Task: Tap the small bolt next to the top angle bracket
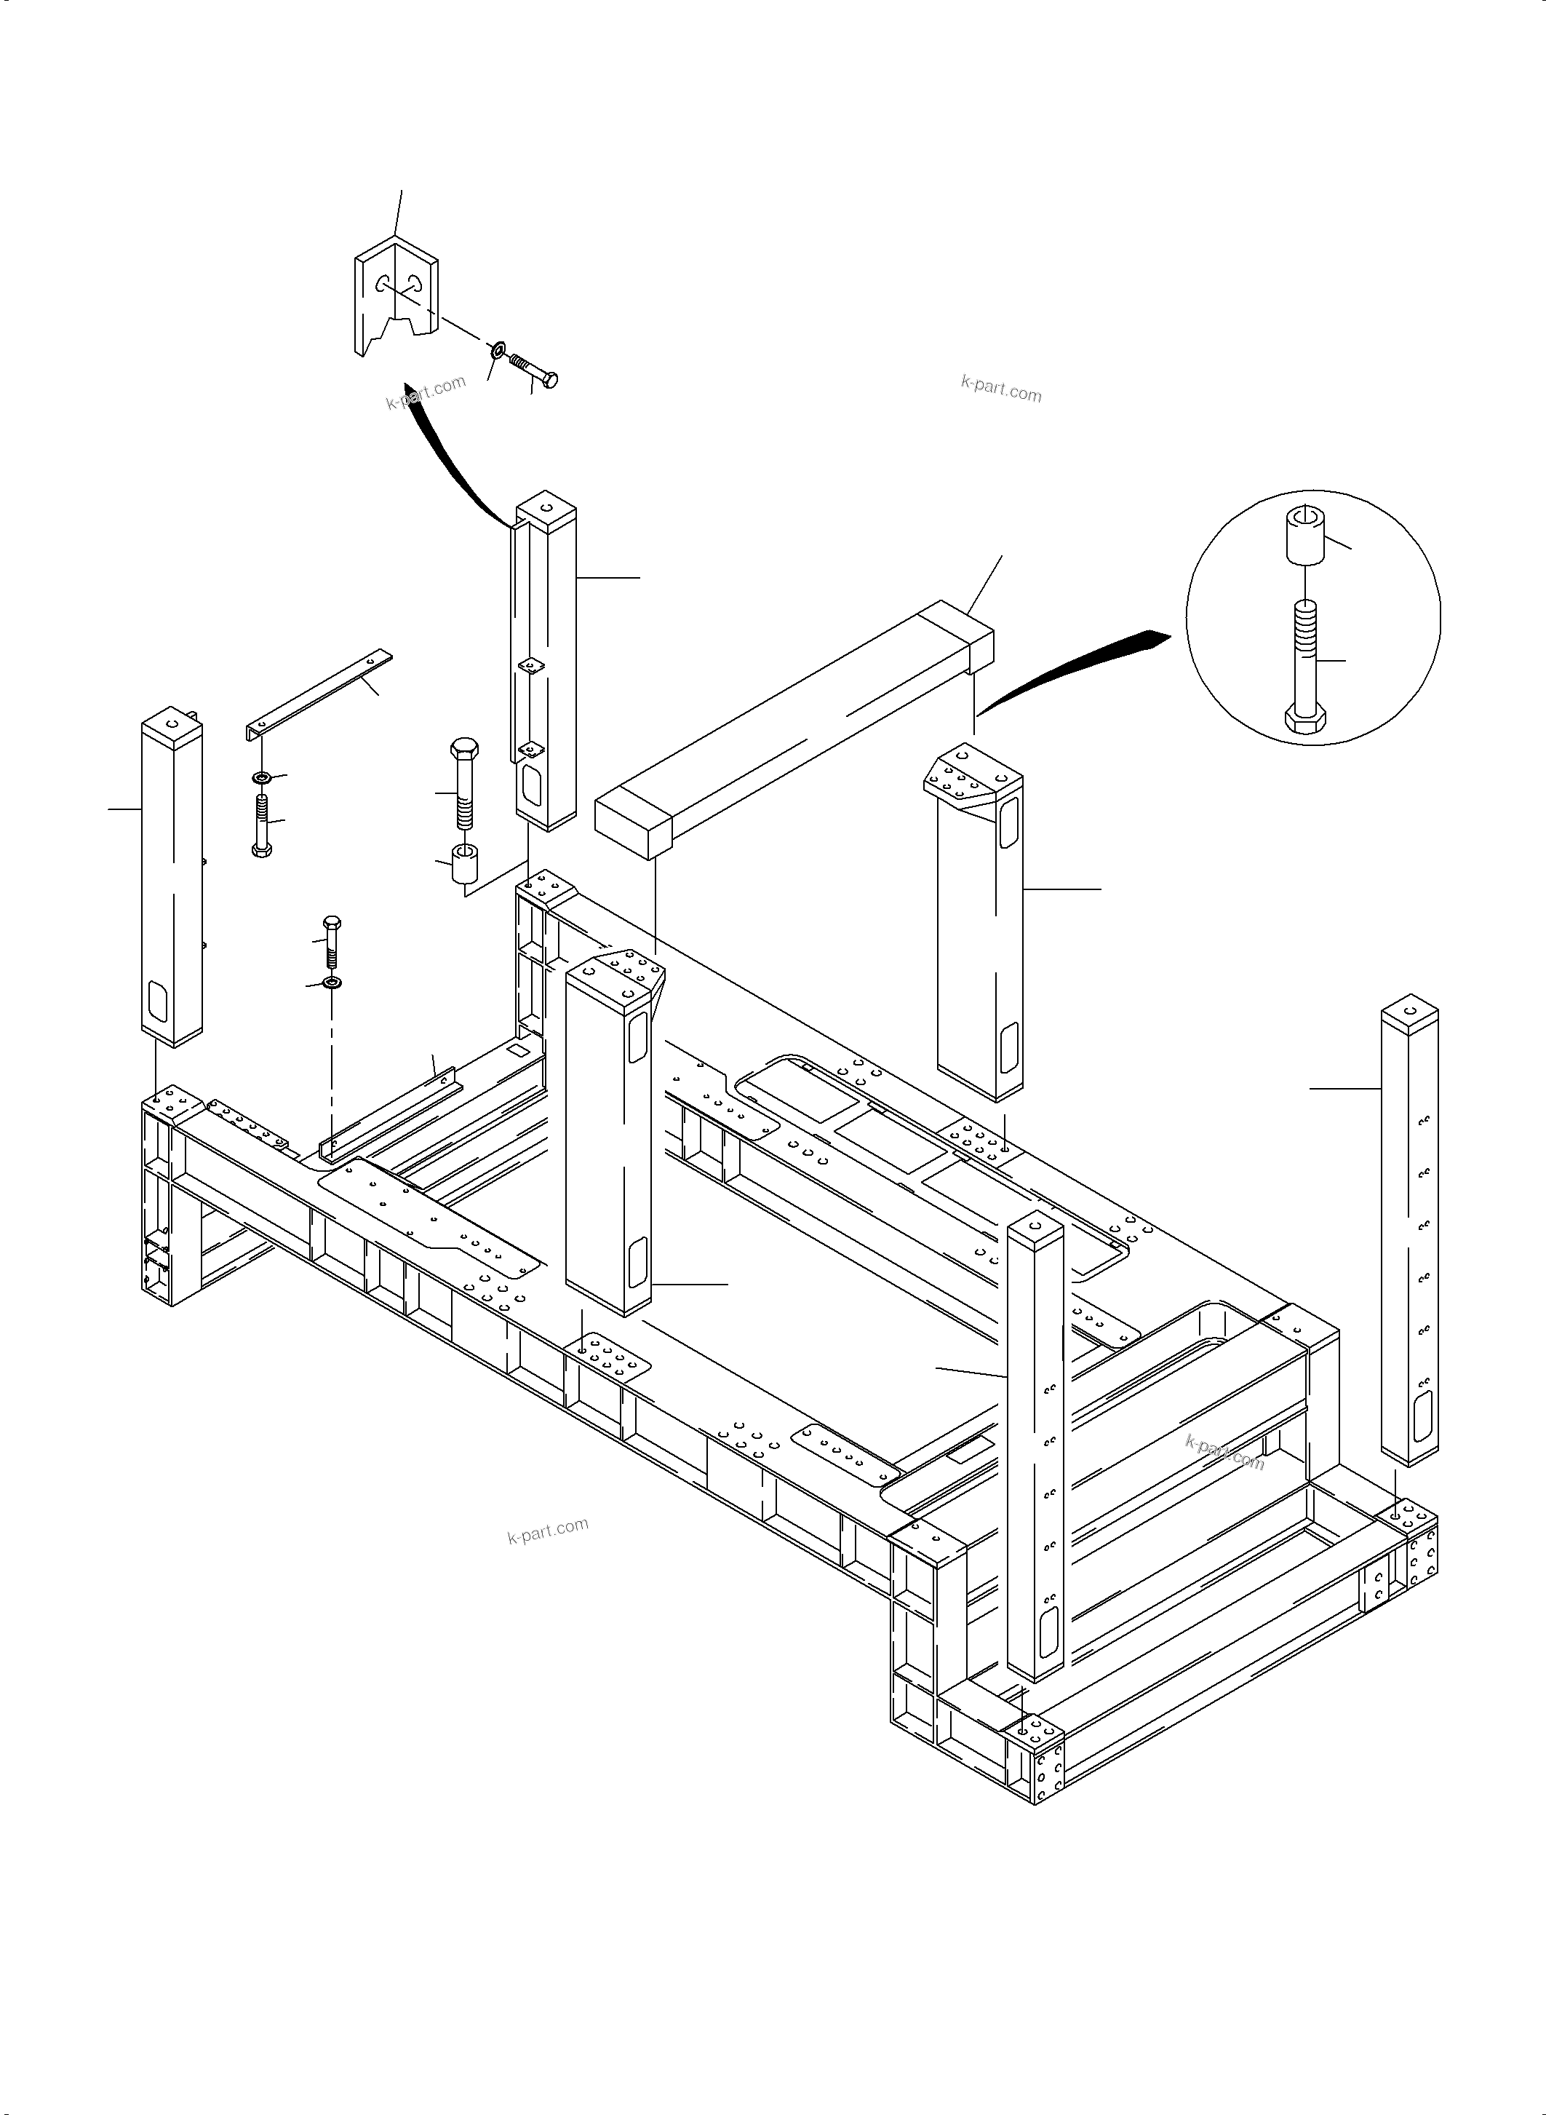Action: point(533,370)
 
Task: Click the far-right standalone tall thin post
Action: point(1409,1236)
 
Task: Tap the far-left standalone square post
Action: point(172,880)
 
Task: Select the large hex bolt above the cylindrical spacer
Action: point(464,782)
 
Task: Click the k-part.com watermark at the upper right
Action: point(1000,388)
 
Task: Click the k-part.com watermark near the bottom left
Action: point(547,1530)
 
